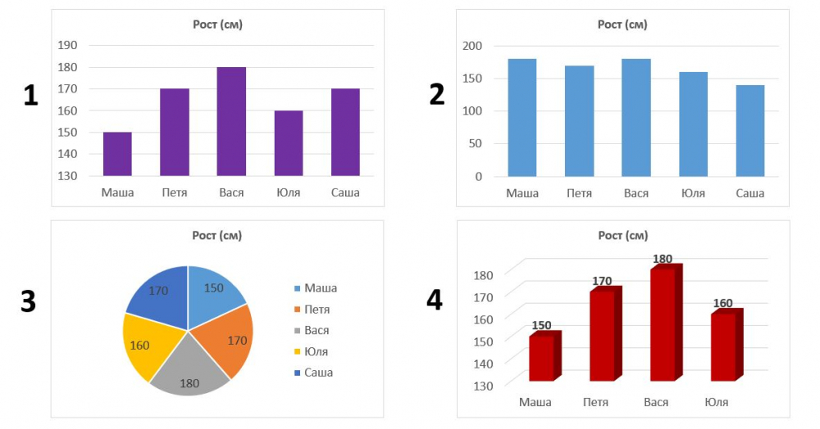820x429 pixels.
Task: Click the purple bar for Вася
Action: (231, 121)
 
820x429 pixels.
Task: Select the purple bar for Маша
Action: (117, 154)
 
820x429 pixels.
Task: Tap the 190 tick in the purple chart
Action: (68, 46)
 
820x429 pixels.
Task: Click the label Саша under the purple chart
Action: (345, 193)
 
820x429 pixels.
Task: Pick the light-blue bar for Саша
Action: (750, 131)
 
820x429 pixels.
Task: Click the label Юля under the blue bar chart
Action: (693, 193)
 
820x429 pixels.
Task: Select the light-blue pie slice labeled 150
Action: (214, 291)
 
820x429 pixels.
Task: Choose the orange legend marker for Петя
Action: (298, 309)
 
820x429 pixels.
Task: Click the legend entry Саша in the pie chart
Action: (318, 373)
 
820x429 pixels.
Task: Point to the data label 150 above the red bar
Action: (541, 326)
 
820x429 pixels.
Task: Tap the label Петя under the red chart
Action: (595, 402)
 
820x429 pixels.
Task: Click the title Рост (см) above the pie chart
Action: (216, 236)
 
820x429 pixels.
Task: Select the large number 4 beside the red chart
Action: (435, 300)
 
